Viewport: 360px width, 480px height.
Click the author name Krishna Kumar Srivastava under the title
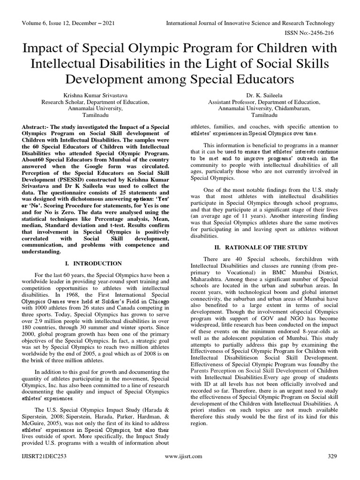(96, 95)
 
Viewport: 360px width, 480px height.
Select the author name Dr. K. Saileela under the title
(264, 95)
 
